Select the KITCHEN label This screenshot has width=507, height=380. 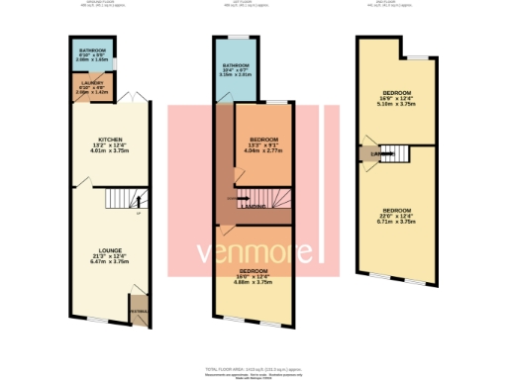tap(109, 140)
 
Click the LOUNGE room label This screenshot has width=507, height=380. tap(109, 250)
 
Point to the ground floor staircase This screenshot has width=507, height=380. tap(119, 203)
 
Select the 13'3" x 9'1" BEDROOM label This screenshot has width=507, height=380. tap(262, 139)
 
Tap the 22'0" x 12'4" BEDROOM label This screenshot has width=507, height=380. tap(396, 210)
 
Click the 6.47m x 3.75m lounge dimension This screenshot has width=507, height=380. tap(109, 262)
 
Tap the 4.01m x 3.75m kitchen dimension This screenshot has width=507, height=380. tap(109, 151)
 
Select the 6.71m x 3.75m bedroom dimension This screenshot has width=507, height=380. tap(396, 222)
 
